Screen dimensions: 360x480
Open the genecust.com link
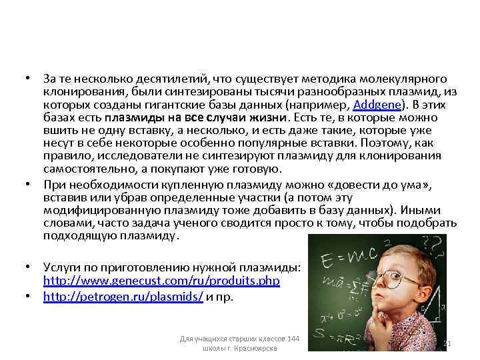(x=161, y=281)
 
